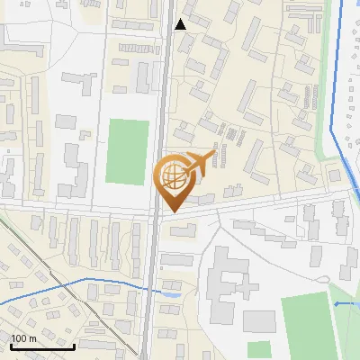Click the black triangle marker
click(x=181, y=24)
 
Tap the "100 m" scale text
click(x=23, y=338)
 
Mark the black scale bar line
click(x=42, y=346)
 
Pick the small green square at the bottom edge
click(x=259, y=349)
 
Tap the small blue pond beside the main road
click(x=173, y=293)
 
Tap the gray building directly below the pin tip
click(x=183, y=232)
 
